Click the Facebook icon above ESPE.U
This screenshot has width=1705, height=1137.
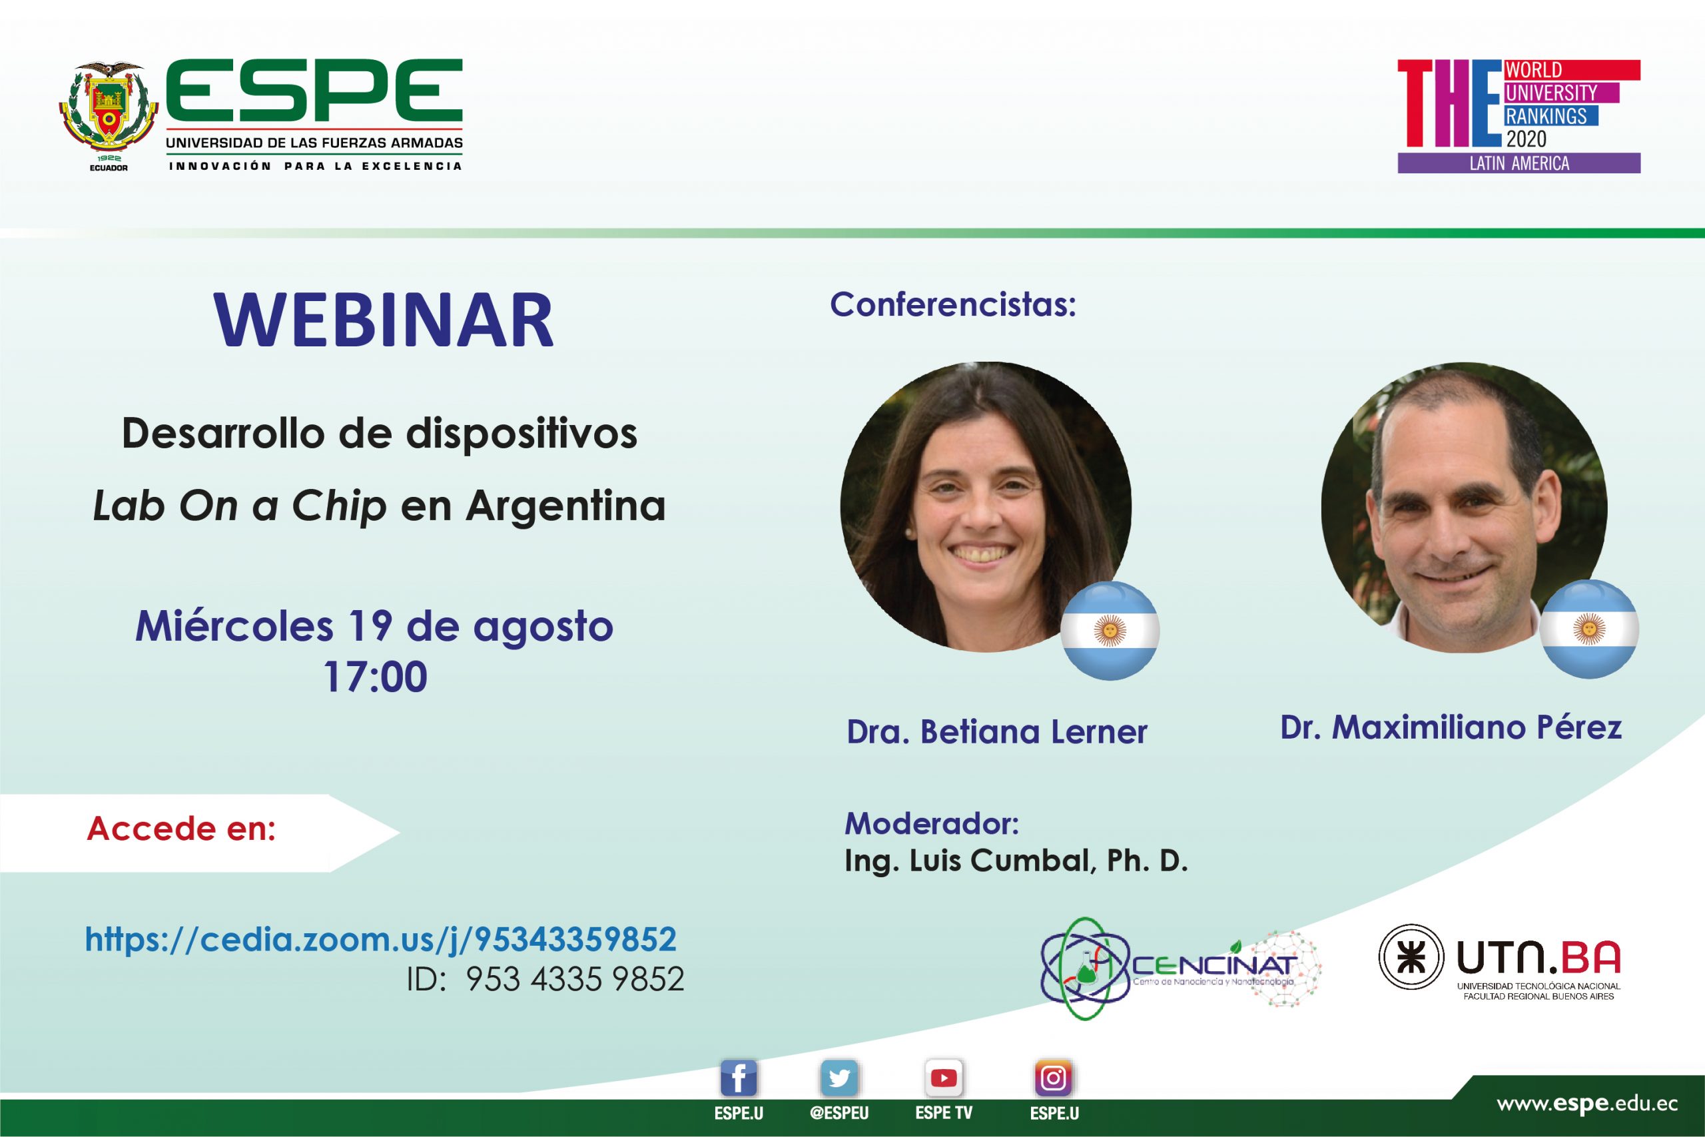click(739, 1079)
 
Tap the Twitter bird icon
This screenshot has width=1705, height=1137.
click(839, 1079)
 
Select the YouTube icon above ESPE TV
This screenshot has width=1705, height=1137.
click(943, 1079)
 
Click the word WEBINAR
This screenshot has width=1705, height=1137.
click(384, 320)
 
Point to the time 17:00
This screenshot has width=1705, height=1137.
click(376, 677)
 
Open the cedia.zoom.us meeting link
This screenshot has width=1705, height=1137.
click(380, 940)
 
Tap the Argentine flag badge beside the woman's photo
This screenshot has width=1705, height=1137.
click(1110, 630)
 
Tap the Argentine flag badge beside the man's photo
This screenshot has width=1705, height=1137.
click(1589, 629)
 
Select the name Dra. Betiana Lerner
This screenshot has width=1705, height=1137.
click(997, 731)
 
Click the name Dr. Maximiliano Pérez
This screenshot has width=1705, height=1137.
click(1451, 728)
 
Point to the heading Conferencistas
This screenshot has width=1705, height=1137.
click(953, 304)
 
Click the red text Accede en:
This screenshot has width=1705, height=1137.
click(181, 828)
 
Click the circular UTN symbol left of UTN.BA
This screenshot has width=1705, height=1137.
click(1411, 957)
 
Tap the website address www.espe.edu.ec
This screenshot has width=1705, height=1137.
click(1588, 1104)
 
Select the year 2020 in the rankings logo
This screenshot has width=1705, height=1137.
click(1526, 139)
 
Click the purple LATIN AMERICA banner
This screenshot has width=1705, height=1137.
click(1519, 163)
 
